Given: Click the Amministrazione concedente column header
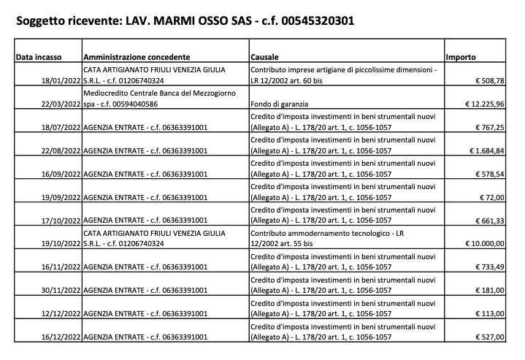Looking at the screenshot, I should coord(137,56).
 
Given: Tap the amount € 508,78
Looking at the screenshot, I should coord(489,80).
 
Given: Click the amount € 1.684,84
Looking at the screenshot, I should coord(487,151).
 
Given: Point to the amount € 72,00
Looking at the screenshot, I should coord(491,197).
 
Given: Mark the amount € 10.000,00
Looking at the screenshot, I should coord(485,244).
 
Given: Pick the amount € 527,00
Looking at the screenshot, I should coord(489,337).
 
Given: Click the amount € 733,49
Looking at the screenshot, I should coord(489,267).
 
